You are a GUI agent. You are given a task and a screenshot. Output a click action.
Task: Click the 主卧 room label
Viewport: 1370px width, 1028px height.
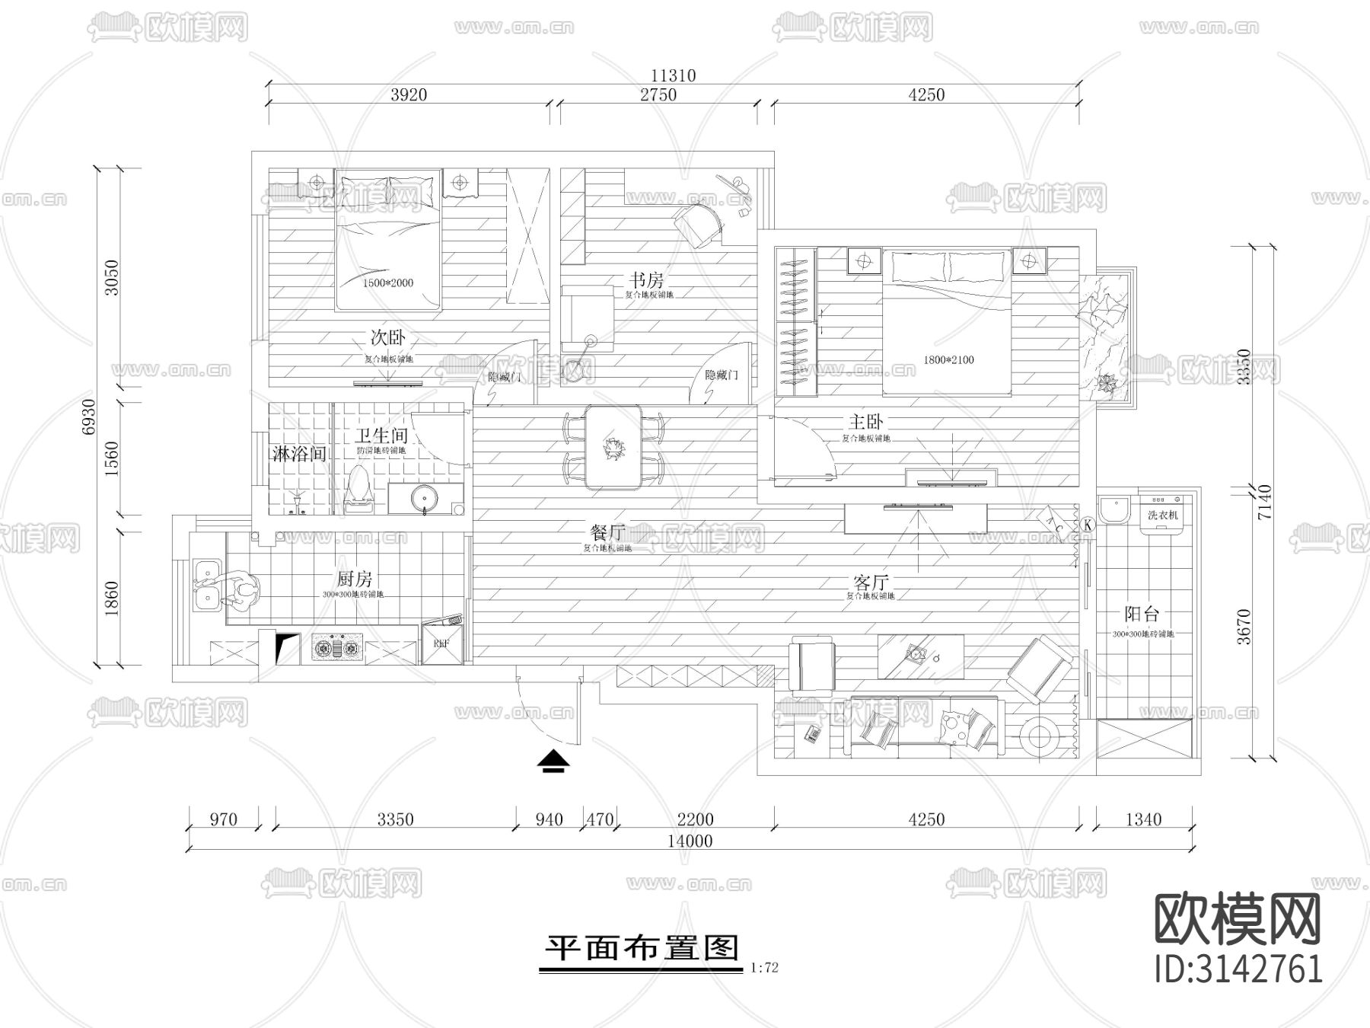pos(865,421)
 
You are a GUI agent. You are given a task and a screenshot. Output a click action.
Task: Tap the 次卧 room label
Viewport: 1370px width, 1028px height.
pos(387,337)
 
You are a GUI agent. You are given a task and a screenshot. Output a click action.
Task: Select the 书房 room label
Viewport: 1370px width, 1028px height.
pos(645,280)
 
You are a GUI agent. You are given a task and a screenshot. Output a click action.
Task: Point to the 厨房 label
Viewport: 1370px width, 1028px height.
pos(354,579)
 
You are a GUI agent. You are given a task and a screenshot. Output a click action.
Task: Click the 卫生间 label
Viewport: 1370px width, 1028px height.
pos(381,436)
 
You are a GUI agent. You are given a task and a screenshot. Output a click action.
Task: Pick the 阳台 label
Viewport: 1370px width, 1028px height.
pos(1141,614)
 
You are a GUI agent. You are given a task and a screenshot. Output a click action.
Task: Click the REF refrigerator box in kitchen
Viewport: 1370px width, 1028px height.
pos(441,643)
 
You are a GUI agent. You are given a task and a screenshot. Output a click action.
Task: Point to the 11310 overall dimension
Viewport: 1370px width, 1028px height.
pos(673,75)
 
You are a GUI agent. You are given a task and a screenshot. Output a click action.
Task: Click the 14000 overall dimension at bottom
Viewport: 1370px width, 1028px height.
pos(690,841)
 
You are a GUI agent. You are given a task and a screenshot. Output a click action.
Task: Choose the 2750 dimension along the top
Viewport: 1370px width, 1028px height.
pos(658,95)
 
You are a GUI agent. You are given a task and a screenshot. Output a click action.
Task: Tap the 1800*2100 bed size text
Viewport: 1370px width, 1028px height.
pos(948,359)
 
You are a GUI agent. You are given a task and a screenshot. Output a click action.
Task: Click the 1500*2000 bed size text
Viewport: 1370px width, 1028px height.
pos(387,283)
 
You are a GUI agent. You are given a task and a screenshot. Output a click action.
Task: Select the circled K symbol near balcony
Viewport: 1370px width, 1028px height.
pos(1088,524)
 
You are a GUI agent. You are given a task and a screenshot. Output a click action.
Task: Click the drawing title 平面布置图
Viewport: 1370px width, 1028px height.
pos(642,948)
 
